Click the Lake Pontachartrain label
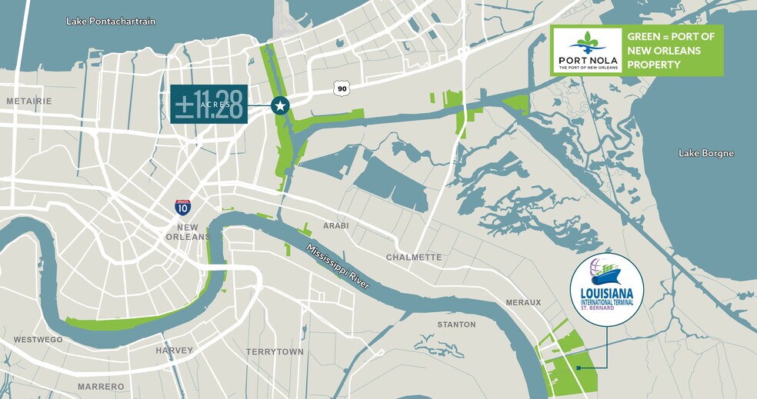click(111, 22)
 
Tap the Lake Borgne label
click(706, 154)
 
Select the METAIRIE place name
click(28, 101)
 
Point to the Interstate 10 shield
click(182, 207)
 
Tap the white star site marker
click(280, 106)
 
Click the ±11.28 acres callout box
click(208, 104)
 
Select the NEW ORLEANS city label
click(188, 231)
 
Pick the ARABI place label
click(336, 225)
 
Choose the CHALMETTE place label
click(414, 257)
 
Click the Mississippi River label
click(338, 267)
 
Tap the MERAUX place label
click(522, 302)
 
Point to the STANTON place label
click(456, 324)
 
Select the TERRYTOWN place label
click(275, 351)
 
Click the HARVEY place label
click(174, 350)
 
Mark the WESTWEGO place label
click(38, 339)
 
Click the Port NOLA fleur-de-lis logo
click(587, 43)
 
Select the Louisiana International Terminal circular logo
click(607, 289)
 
